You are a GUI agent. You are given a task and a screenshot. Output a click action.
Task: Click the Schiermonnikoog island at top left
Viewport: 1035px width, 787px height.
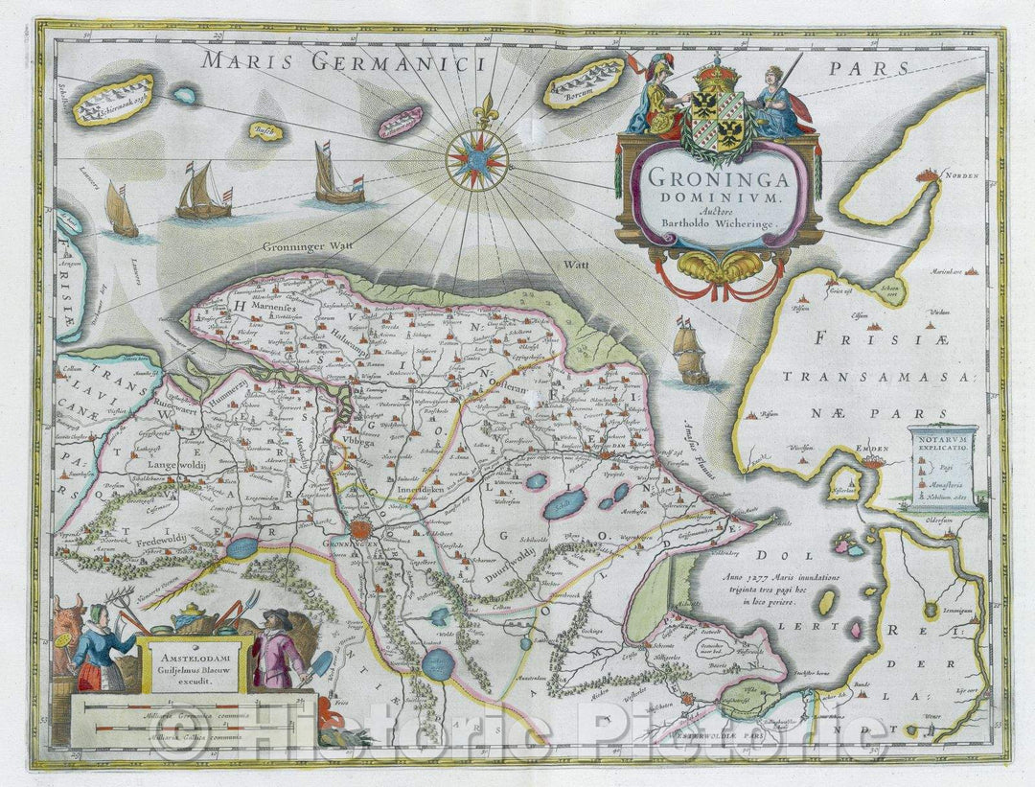113,100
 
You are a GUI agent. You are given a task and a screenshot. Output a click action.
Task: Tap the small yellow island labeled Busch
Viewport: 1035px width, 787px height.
265,132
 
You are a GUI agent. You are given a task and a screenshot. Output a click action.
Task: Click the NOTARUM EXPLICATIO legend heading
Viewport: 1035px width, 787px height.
943,443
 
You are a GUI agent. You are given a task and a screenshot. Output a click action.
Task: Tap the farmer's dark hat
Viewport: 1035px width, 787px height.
279,615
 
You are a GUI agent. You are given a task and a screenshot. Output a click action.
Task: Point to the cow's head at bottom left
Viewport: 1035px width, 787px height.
68,614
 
